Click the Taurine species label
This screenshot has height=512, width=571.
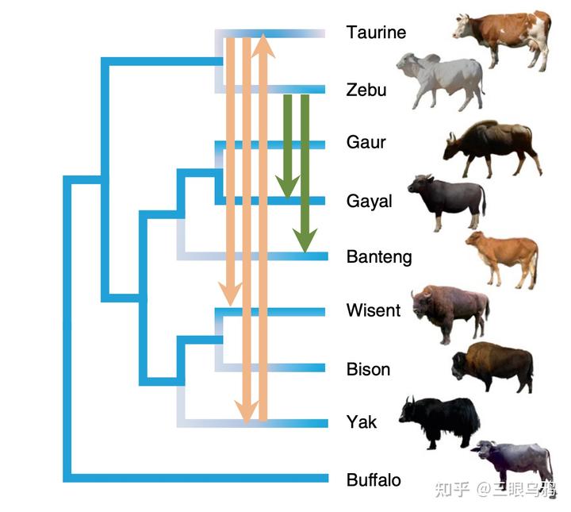[376, 33]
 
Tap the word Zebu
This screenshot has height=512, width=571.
[366, 90]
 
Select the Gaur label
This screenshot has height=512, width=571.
[366, 142]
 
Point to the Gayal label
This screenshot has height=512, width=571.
[369, 202]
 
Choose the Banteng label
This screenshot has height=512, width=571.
[379, 257]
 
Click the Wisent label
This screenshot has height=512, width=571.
[374, 310]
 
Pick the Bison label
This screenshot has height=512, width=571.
[368, 369]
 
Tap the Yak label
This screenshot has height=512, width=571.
[362, 422]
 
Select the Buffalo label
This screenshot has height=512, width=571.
[374, 480]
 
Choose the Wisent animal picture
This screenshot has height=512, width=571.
[450, 311]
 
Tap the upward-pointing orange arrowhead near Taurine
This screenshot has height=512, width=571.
[263, 45]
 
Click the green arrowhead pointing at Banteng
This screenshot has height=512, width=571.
[304, 239]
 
